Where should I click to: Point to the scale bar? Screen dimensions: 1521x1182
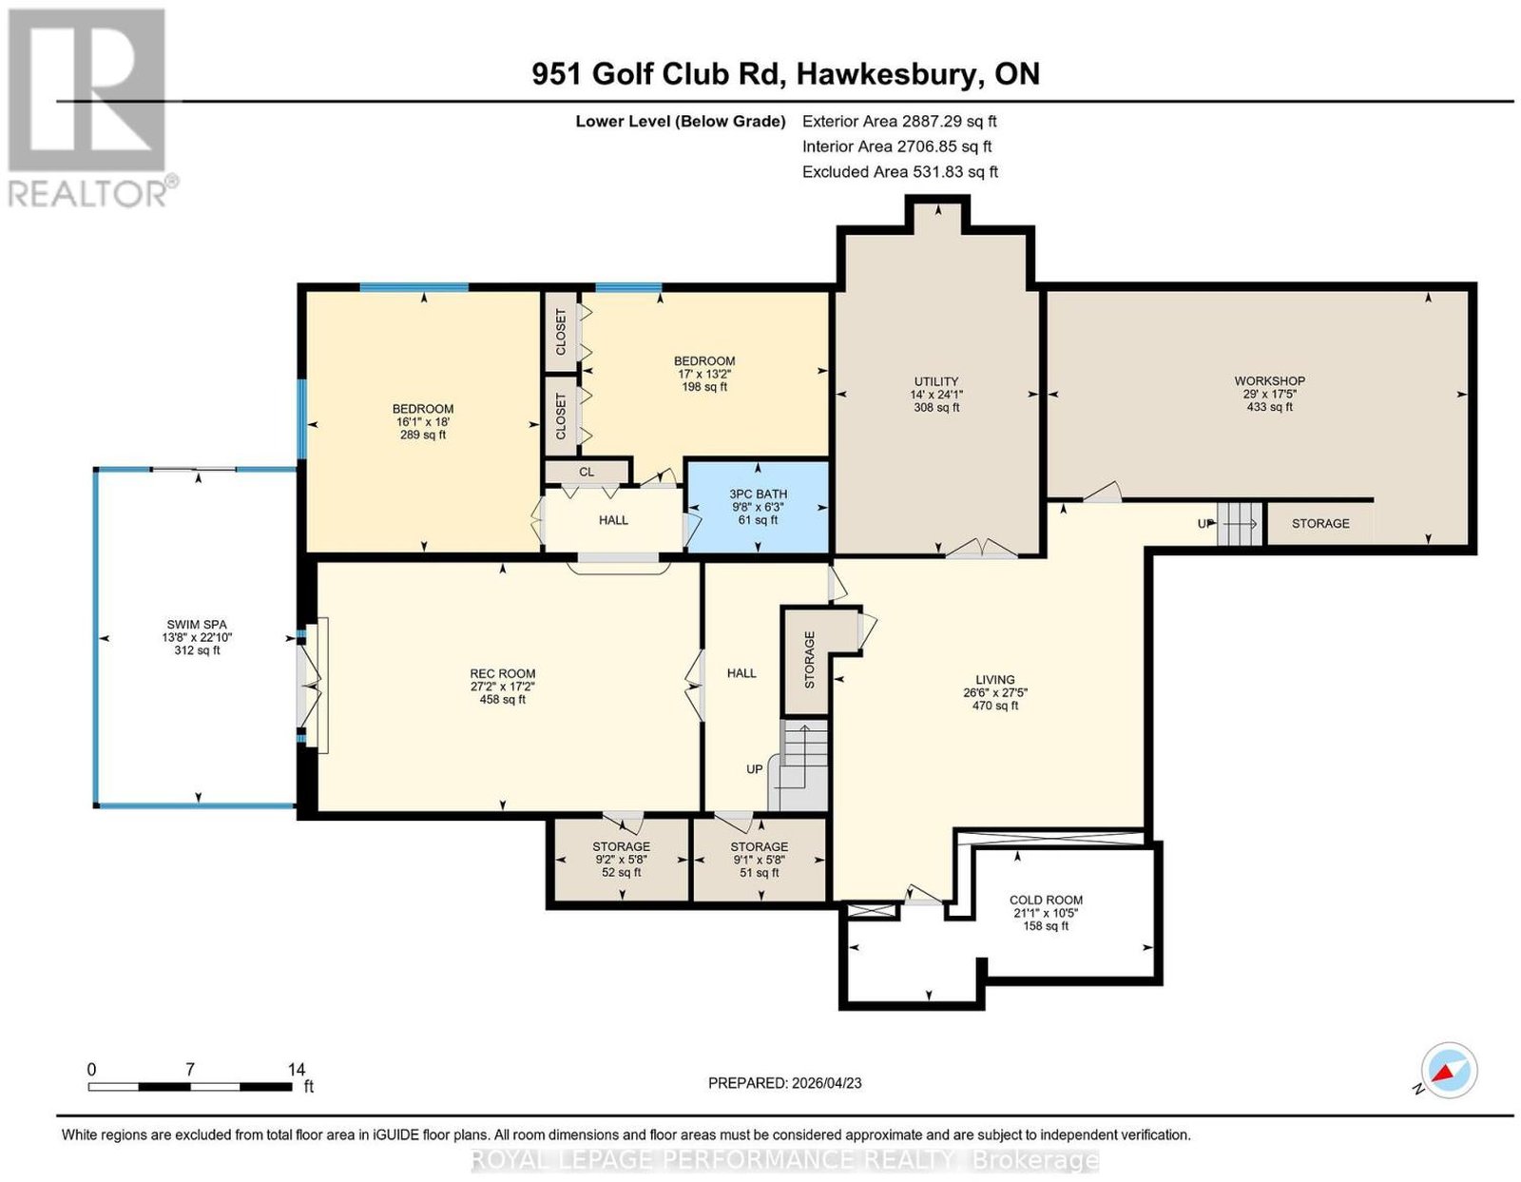click(x=190, y=1087)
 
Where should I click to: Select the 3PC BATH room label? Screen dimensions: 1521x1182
click(x=758, y=494)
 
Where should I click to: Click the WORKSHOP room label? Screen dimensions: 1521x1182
click(x=1269, y=380)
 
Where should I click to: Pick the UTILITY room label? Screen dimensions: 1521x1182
click(x=935, y=381)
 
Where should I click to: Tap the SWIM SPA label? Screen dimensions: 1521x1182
click(x=197, y=624)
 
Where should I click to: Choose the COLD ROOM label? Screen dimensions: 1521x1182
click(x=1046, y=900)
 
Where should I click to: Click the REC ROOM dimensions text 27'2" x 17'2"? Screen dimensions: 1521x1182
click(x=503, y=687)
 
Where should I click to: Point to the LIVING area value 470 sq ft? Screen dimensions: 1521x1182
click(x=994, y=706)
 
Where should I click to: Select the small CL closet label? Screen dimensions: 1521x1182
click(x=587, y=472)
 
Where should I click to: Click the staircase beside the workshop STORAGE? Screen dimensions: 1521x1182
click(x=1240, y=523)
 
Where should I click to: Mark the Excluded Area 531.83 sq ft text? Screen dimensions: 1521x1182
click(x=900, y=171)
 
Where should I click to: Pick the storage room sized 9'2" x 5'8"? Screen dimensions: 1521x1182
click(x=621, y=860)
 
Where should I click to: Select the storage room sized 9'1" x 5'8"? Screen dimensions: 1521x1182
click(x=759, y=860)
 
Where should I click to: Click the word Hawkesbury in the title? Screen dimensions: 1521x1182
click(x=885, y=74)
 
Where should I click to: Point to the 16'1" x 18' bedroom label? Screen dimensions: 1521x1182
click(x=423, y=421)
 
